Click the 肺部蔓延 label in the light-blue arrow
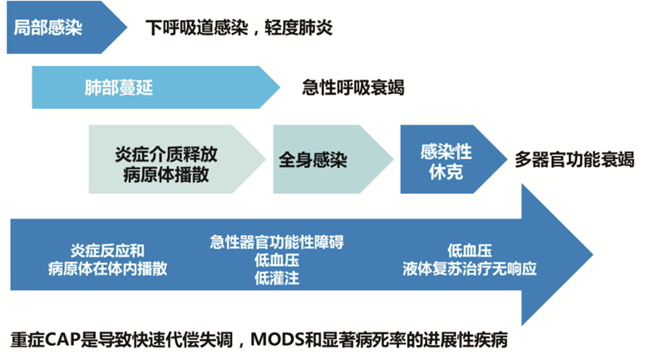click(x=119, y=86)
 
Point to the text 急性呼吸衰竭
click(x=353, y=87)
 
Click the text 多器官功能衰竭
click(x=574, y=159)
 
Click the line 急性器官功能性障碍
click(x=277, y=242)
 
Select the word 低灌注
click(x=277, y=279)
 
